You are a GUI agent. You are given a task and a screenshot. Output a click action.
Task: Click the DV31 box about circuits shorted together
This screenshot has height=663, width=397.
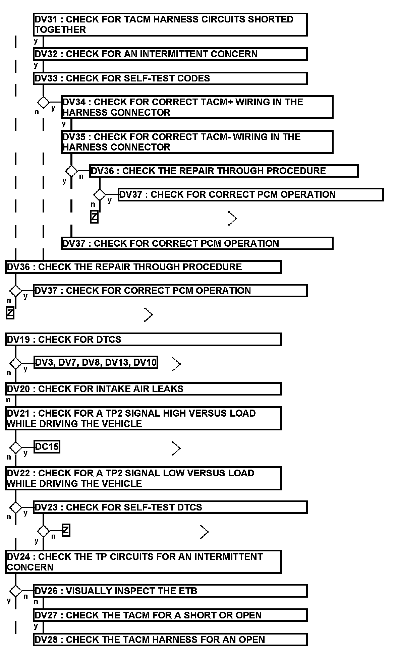point(170,24)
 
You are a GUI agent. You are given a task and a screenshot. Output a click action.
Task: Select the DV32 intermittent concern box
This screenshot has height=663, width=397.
point(170,54)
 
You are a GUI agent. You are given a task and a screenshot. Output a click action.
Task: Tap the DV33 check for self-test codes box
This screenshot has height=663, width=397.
point(170,78)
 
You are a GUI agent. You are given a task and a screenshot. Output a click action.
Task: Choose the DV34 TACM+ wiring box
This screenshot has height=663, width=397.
point(197,107)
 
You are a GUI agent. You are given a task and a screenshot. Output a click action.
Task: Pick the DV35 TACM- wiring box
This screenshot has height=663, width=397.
point(197,142)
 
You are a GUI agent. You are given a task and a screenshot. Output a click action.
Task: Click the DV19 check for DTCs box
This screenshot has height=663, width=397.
point(143,339)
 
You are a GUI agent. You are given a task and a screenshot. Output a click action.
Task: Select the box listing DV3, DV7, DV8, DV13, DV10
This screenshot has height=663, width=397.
point(96,362)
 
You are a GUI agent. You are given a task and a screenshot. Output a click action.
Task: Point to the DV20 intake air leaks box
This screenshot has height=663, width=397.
point(143,389)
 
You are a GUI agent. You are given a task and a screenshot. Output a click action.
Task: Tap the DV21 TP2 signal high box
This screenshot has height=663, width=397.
point(143,418)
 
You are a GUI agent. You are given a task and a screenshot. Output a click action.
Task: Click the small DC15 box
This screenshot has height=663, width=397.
point(47,446)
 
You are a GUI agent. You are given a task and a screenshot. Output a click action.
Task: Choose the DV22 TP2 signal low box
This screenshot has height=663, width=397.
point(143,478)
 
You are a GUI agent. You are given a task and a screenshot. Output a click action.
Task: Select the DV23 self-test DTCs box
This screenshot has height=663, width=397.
point(170,507)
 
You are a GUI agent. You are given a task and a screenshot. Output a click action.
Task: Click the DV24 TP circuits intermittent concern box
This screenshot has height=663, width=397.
point(143,562)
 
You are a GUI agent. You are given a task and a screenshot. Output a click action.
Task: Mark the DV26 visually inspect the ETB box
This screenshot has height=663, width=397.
point(170,591)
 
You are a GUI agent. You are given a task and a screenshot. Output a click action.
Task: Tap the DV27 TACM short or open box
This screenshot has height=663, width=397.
point(170,615)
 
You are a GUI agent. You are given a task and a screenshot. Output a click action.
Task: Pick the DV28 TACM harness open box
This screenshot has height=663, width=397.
point(170,640)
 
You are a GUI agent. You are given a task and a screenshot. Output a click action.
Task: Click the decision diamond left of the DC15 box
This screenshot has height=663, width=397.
point(15,447)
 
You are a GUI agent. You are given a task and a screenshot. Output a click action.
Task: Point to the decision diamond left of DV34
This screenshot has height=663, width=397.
point(43,102)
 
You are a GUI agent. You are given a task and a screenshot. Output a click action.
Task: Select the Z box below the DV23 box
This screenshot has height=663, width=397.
point(66,531)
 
